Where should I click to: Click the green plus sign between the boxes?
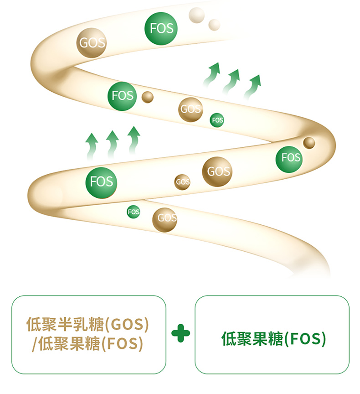tap(180, 334)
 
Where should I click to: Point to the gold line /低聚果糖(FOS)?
tap(85, 343)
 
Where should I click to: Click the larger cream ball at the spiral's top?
tap(197, 15)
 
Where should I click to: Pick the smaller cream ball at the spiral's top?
tap(214, 24)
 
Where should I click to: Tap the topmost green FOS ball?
tap(161, 28)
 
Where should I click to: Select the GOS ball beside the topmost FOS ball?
tap(92, 43)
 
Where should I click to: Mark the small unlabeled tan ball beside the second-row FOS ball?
tap(148, 97)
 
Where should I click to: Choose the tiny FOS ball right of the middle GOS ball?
tap(217, 120)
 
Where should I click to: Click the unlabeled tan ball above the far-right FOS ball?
tap(309, 143)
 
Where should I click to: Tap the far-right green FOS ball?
tap(290, 158)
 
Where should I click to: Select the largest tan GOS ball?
tap(217, 171)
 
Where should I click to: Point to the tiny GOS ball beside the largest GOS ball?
tap(182, 182)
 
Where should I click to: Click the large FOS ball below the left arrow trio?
tap(101, 181)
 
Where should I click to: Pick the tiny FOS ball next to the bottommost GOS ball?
tap(134, 212)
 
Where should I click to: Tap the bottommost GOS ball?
tap(165, 218)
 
